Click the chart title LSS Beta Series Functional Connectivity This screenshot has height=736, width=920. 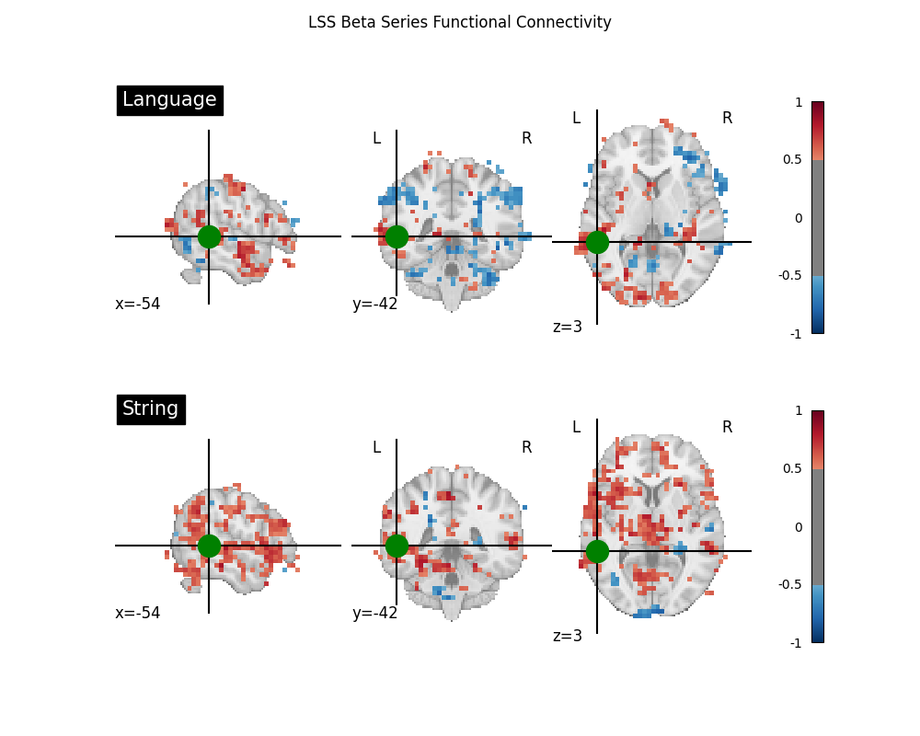click(x=459, y=22)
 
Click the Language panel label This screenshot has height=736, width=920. click(x=169, y=99)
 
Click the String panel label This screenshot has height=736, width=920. click(x=151, y=408)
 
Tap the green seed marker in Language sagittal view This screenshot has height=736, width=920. click(x=209, y=236)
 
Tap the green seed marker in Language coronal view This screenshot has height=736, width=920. click(x=397, y=236)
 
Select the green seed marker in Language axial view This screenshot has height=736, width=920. click(x=597, y=242)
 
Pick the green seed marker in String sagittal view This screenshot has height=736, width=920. click(x=209, y=546)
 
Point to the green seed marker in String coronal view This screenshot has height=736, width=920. click(x=397, y=546)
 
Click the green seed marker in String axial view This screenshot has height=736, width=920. click(x=597, y=551)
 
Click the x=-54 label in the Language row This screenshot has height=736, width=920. click(x=138, y=304)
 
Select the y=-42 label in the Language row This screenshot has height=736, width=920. click(x=374, y=304)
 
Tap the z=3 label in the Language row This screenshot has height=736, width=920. click(x=568, y=327)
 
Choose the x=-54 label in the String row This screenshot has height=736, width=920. click(x=138, y=613)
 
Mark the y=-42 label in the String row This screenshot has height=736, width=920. click(x=374, y=613)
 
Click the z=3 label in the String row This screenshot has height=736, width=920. click(x=568, y=636)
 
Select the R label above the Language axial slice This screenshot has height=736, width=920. click(x=727, y=118)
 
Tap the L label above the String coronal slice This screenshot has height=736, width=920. click(x=376, y=447)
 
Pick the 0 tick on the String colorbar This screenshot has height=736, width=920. click(x=798, y=527)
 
